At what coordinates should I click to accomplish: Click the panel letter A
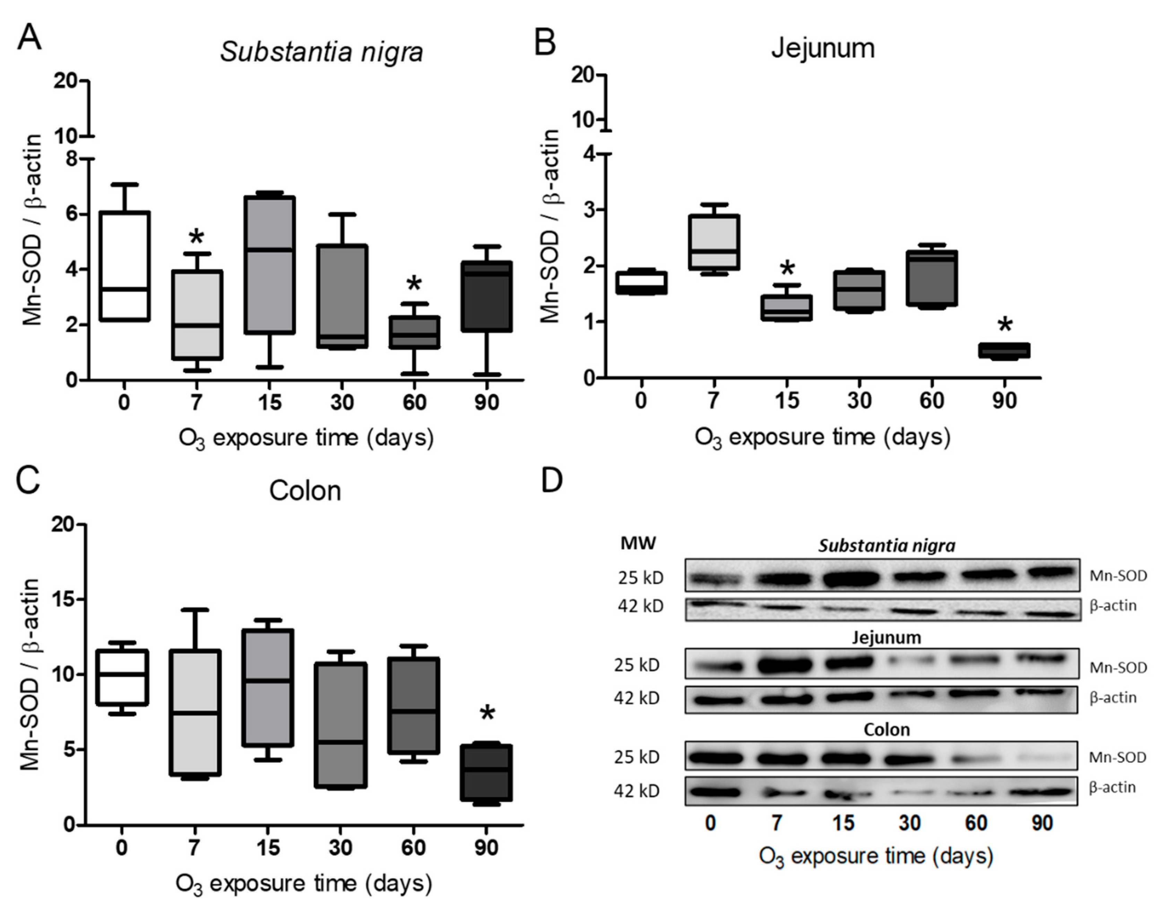[x=29, y=38]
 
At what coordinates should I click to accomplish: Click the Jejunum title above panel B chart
[x=823, y=49]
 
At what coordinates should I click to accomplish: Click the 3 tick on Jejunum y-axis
[x=587, y=210]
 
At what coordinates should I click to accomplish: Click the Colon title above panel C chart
[x=305, y=491]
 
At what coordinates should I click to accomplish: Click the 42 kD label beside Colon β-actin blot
[x=636, y=791]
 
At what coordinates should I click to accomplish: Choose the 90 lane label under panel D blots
[x=1042, y=823]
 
